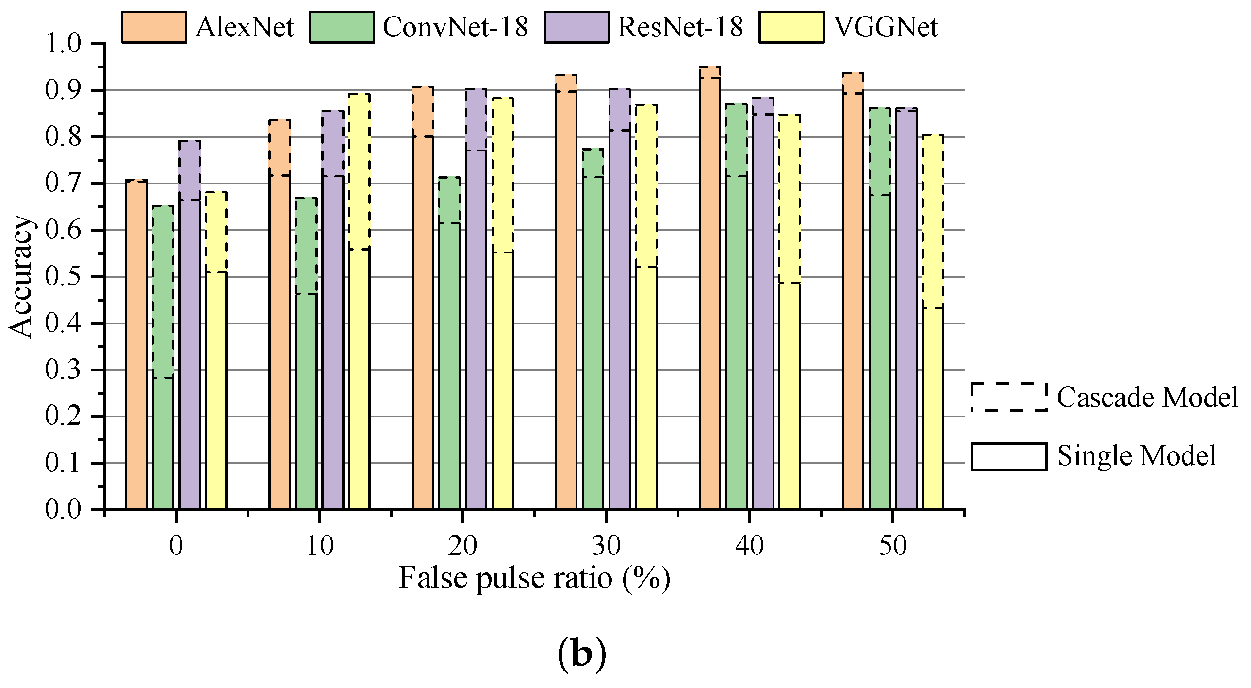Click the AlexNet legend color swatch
[x=154, y=27]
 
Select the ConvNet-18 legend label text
[x=455, y=27]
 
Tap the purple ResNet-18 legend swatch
[x=576, y=27]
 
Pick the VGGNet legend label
[x=885, y=27]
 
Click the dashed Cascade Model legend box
[x=1009, y=397]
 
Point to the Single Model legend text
[x=1136, y=456]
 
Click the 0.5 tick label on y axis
[x=63, y=276]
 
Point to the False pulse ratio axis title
[x=534, y=578]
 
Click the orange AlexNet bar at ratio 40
[x=710, y=291]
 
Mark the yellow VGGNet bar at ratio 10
[x=360, y=316]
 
